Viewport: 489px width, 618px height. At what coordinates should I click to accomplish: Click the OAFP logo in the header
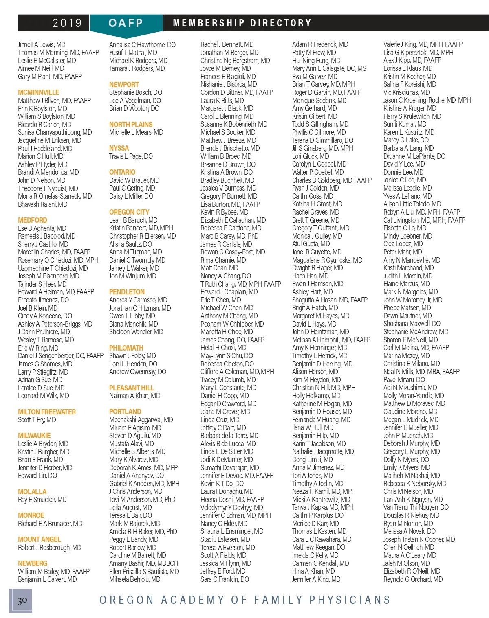tap(126, 23)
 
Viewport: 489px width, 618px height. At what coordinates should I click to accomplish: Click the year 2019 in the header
tap(67, 23)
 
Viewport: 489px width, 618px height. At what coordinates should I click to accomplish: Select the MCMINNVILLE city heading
tap(38, 92)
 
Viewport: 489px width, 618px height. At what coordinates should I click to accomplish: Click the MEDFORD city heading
tap(33, 220)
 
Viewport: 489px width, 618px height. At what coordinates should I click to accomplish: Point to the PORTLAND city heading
tap(125, 412)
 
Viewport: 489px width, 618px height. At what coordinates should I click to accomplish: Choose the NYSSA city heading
tap(119, 148)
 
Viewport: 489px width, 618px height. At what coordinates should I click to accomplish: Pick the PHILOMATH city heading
tap(126, 348)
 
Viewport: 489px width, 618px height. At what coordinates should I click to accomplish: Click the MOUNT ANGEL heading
tap(40, 539)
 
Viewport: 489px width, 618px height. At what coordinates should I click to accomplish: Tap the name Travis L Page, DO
tap(131, 156)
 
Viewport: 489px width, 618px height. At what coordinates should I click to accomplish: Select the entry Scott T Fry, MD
tap(37, 420)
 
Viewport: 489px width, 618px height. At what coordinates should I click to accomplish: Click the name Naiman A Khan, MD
tap(134, 396)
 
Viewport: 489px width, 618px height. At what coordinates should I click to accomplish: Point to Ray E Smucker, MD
tap(42, 500)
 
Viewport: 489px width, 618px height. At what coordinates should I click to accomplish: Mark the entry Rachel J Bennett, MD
tap(227, 44)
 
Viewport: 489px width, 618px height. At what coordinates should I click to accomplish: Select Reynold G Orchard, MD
tap(413, 579)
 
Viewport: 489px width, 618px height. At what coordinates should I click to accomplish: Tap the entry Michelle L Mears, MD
tap(136, 132)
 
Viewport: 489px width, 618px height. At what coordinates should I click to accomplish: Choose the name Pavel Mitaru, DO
tap(404, 380)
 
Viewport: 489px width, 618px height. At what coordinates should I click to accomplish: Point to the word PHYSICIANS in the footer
tap(350, 600)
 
